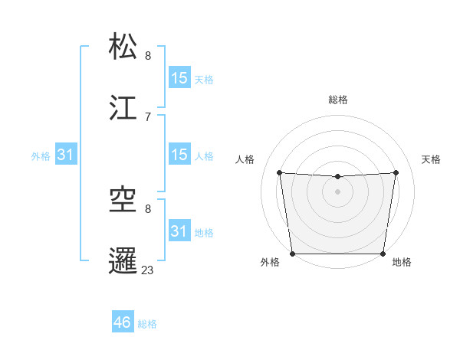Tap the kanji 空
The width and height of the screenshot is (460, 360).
124,200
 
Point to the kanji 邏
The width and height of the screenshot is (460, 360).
124,260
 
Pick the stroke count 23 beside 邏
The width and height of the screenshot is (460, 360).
148,270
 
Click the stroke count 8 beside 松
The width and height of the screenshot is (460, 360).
148,55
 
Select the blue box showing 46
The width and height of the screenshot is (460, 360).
123,322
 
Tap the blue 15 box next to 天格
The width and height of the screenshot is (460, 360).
179,78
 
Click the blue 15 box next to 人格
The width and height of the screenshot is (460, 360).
179,155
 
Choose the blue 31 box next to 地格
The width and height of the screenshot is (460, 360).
179,231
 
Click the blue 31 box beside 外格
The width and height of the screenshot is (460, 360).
66,155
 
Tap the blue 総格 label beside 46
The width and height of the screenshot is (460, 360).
147,324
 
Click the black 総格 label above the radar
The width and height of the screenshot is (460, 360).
338,100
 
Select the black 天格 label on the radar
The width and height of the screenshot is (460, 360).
432,159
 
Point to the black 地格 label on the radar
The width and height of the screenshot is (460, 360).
402,263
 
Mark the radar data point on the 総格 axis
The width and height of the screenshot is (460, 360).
338,177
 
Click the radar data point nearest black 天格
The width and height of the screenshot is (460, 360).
396,172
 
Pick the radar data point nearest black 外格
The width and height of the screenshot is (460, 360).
293,254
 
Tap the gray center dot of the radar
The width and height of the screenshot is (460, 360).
338,191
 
